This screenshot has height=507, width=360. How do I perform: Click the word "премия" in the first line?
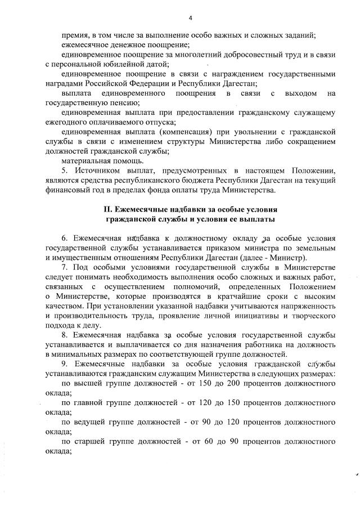point(74,35)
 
